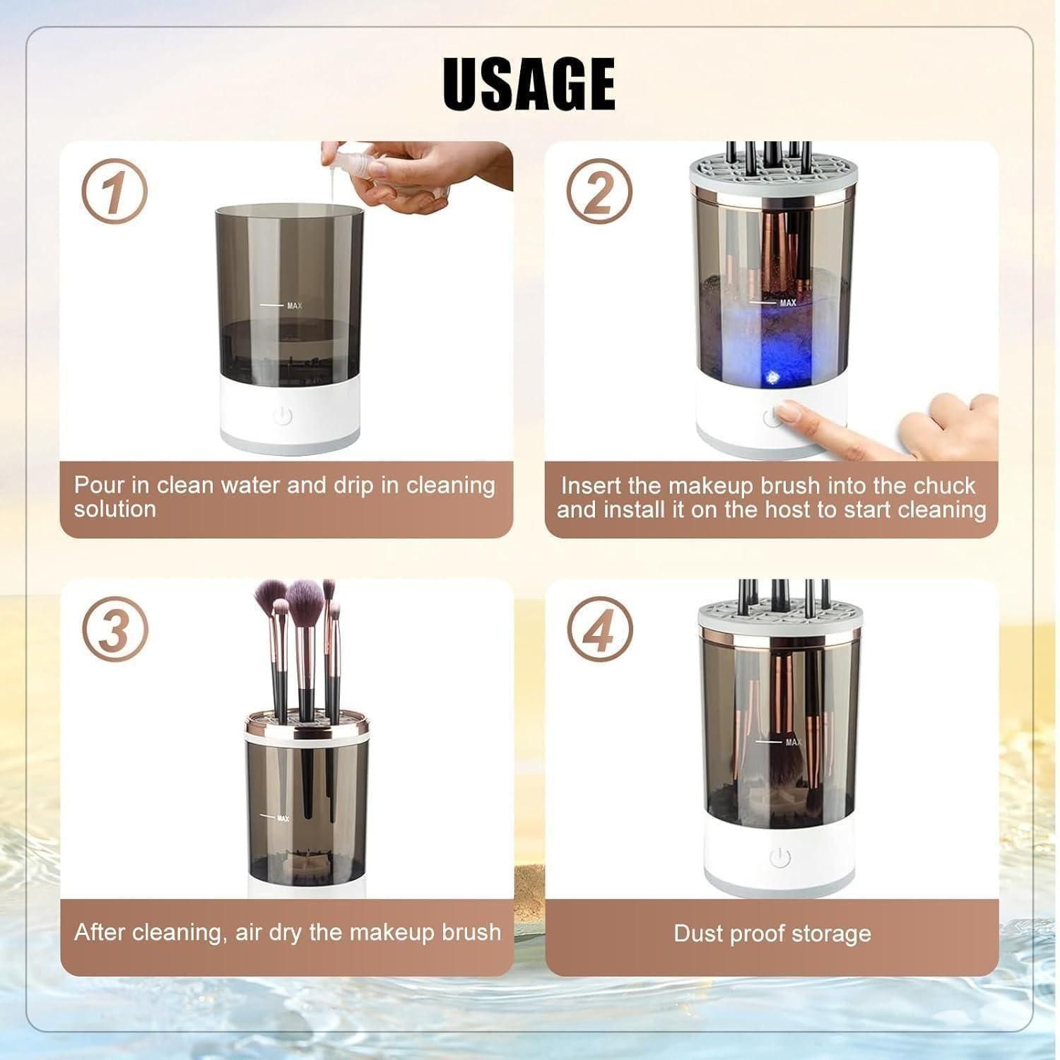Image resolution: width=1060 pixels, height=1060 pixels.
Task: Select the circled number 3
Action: (114, 629)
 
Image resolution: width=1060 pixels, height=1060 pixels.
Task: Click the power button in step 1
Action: (283, 416)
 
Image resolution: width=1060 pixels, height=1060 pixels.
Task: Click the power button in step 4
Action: (779, 858)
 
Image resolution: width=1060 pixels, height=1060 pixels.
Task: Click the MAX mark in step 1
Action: (293, 305)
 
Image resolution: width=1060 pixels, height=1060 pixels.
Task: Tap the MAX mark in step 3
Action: (283, 818)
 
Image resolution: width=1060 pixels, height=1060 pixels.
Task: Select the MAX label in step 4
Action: (793, 742)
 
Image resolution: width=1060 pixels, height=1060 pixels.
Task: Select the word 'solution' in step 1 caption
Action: (114, 510)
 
